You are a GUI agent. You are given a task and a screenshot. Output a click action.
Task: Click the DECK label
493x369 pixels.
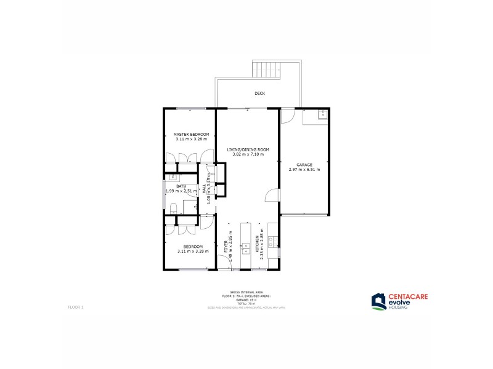pos(259,93)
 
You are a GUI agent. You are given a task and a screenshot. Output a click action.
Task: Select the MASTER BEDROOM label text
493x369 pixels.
pos(191,134)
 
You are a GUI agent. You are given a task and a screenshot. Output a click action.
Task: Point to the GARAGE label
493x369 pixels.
pos(304,165)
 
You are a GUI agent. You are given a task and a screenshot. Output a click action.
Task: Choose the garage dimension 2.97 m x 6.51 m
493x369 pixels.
pos(304,170)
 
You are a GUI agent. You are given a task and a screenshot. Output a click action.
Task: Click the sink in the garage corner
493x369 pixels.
pos(322,114)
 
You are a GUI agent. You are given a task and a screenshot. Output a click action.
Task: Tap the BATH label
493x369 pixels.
pos(181,186)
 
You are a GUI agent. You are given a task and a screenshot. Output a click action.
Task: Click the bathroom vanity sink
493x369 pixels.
pos(173,177)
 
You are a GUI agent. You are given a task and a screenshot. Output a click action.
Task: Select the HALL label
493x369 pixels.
pos(205,189)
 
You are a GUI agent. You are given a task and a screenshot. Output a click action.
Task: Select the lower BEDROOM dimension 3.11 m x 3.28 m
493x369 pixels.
pos(192,251)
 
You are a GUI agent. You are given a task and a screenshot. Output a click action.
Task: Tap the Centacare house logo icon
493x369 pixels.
pos(378,301)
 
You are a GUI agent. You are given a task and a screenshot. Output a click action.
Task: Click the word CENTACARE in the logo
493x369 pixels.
pos(407,296)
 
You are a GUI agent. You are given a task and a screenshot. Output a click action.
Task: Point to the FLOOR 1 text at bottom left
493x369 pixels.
pos(75,306)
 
